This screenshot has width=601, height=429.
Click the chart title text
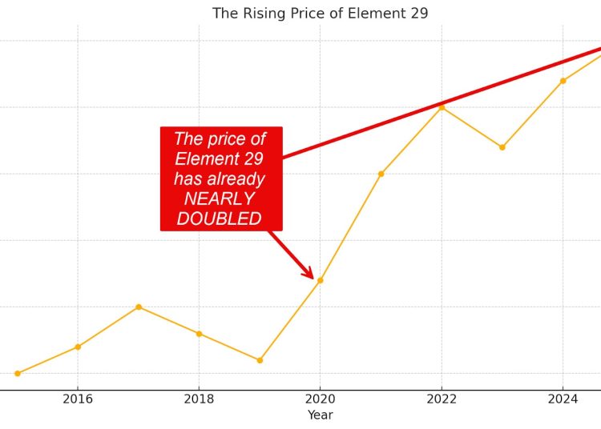tap(320, 14)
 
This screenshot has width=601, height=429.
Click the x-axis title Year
tap(320, 415)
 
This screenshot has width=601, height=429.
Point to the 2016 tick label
tap(78, 399)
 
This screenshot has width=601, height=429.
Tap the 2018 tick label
tap(199, 399)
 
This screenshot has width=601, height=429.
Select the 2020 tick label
tap(320, 399)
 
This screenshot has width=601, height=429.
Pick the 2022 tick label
tap(442, 399)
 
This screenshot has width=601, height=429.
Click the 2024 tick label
tap(563, 399)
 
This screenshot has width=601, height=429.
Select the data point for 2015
tap(18, 373)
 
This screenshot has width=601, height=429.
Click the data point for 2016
tap(78, 347)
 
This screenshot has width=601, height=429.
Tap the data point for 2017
tap(139, 307)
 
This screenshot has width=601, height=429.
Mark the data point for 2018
tap(199, 333)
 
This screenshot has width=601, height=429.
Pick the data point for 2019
tap(260, 360)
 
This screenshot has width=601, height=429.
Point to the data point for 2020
tap(320, 280)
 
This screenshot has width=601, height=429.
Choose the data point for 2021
tap(381, 174)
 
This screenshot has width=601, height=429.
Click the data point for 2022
tap(442, 107)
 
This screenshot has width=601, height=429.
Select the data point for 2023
tap(502, 147)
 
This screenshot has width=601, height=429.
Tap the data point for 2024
tap(563, 81)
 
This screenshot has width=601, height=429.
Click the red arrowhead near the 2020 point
tap(309, 274)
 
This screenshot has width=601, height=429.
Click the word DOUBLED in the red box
tap(219, 219)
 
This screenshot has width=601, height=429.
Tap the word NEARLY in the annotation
tap(219, 198)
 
